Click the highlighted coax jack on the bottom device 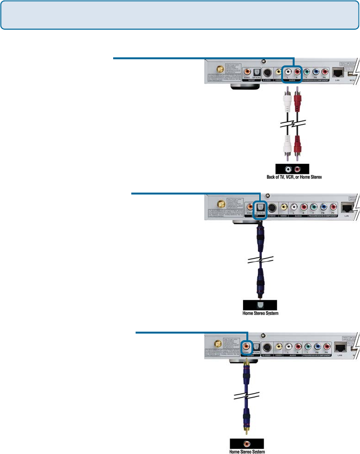pos(247,346)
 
